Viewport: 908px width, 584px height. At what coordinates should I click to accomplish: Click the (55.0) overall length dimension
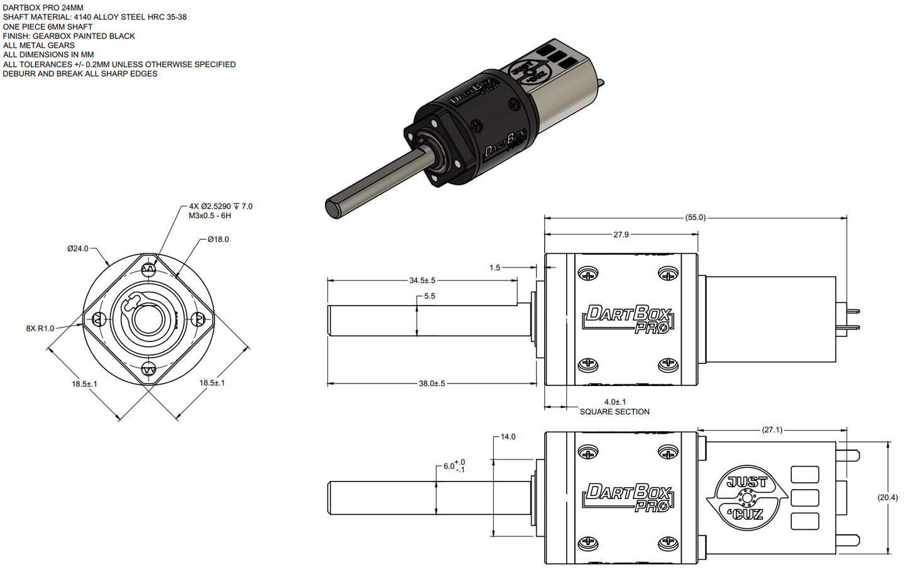[695, 218]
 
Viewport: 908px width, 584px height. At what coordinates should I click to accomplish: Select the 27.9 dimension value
[621, 234]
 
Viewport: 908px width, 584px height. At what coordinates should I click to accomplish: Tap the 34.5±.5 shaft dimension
[422, 280]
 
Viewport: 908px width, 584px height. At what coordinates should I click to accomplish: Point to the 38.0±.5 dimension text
[432, 383]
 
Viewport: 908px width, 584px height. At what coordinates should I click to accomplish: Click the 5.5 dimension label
[429, 296]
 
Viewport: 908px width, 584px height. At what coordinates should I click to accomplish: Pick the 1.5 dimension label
[495, 268]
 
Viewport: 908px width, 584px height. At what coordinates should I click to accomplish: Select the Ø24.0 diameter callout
[78, 248]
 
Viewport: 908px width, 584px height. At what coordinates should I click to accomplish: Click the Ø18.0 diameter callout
[218, 240]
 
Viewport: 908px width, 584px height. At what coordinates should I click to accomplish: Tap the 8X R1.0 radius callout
[40, 328]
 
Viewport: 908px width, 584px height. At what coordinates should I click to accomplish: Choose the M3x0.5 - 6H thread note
[210, 216]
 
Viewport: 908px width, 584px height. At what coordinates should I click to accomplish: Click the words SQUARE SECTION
[615, 412]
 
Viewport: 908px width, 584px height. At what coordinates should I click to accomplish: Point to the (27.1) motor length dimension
[772, 430]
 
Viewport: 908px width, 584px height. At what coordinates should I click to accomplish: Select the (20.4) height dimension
[887, 497]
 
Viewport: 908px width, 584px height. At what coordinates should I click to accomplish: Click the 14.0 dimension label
[508, 437]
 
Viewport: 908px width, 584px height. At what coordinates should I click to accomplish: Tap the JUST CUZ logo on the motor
[747, 498]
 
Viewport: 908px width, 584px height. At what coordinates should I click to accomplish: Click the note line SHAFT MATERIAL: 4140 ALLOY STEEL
[95, 17]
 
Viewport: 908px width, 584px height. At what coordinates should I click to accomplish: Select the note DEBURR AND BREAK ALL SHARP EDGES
[80, 74]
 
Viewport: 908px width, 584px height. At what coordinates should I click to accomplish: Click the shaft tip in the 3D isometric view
[333, 207]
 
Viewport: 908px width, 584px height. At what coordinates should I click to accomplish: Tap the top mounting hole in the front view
[148, 270]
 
